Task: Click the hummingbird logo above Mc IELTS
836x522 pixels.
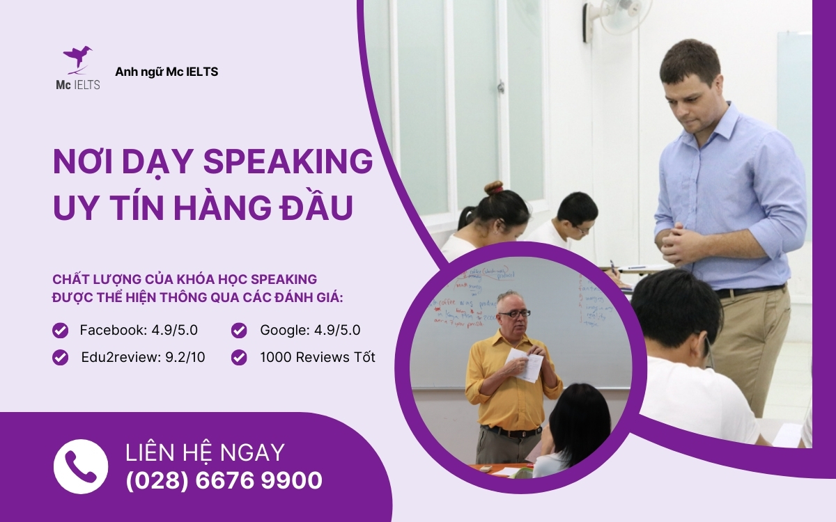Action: tap(77, 59)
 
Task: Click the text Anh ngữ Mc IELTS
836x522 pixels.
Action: tap(167, 72)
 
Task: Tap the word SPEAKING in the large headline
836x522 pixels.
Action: tap(288, 161)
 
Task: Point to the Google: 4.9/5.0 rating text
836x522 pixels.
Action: tap(310, 330)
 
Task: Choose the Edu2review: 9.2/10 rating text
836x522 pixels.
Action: tap(143, 358)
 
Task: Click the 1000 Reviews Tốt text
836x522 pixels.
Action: tap(317, 358)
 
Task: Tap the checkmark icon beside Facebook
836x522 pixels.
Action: tap(61, 330)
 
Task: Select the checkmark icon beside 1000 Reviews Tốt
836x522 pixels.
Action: tap(239, 358)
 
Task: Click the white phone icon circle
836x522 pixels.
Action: tap(81, 466)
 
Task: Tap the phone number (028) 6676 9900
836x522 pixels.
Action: tap(224, 480)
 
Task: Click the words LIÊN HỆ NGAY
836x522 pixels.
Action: tap(205, 452)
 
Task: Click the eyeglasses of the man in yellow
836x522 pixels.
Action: tap(514, 314)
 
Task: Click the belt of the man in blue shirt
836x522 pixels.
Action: tap(749, 291)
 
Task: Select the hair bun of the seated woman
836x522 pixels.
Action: tap(494, 188)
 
